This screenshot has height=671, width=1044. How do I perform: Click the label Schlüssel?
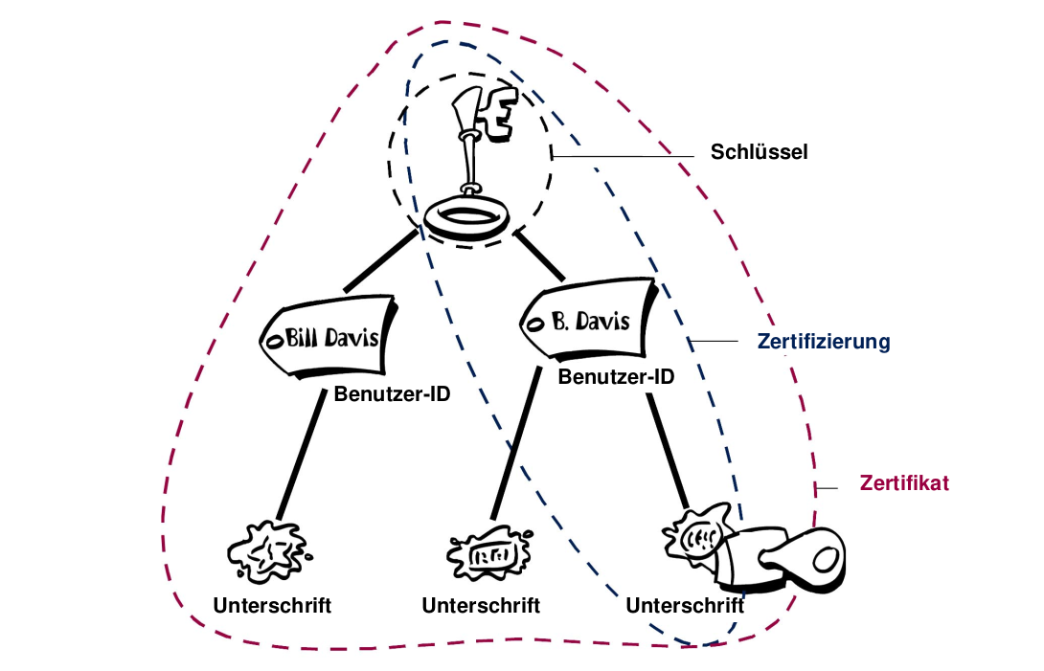759,151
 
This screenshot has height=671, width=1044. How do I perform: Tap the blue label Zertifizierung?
824,341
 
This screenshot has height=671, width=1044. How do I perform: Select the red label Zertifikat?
903,482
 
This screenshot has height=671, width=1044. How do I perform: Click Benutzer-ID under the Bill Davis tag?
393,393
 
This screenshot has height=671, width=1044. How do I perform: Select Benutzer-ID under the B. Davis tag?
616,376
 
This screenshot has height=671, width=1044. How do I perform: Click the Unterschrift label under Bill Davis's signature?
272,605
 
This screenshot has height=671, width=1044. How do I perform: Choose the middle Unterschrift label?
481,605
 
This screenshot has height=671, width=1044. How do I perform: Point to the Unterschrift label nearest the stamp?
685,605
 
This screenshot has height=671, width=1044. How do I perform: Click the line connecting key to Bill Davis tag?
380,258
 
